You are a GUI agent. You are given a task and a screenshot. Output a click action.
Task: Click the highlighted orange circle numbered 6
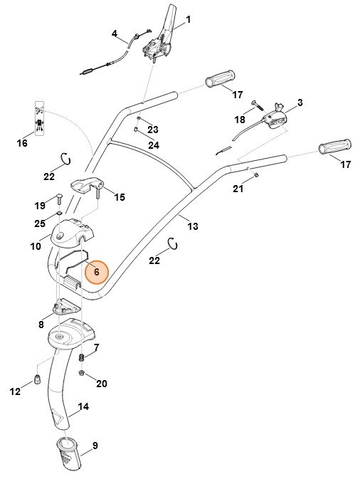pyautogui.click(x=96, y=272)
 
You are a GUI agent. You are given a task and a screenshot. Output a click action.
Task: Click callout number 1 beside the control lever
pyautogui.click(x=189, y=19)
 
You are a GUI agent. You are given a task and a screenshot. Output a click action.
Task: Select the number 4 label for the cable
pyautogui.click(x=115, y=33)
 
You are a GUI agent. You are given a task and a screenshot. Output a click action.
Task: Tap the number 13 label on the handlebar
pyautogui.click(x=192, y=226)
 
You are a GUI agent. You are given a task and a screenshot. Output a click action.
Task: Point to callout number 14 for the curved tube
pyautogui.click(x=83, y=406)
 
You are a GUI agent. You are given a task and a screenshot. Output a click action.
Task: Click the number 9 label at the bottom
pyautogui.click(x=95, y=446)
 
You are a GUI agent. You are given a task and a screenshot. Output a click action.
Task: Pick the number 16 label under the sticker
pyautogui.click(x=22, y=143)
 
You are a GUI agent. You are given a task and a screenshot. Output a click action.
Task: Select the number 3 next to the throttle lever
pyautogui.click(x=300, y=102)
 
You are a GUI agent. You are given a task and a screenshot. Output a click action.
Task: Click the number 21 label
pyautogui.click(x=238, y=188)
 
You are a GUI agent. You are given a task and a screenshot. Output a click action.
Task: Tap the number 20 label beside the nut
pyautogui.click(x=101, y=384)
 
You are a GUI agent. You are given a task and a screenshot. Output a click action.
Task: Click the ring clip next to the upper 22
pyautogui.click(x=66, y=157)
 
